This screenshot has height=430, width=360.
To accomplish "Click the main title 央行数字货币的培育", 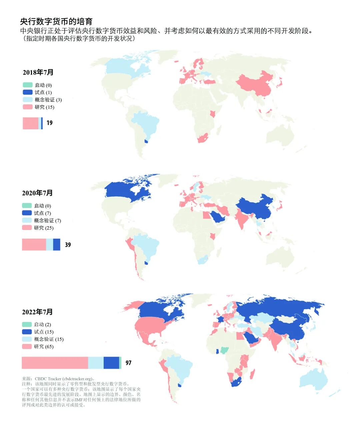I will [56, 22].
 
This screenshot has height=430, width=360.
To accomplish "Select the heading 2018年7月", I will [38, 72].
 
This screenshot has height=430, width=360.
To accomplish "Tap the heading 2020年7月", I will [37, 193].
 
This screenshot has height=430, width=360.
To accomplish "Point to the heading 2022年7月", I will [37, 312].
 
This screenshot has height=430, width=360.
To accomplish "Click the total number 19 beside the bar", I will [49, 123].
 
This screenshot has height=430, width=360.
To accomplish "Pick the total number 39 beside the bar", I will [68, 245].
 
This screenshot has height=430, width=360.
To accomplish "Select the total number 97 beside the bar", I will [128, 363].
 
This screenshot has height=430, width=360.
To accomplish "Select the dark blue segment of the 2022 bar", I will [111, 363].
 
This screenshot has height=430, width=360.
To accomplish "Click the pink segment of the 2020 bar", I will [34, 245].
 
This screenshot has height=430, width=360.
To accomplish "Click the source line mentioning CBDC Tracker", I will [58, 379].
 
